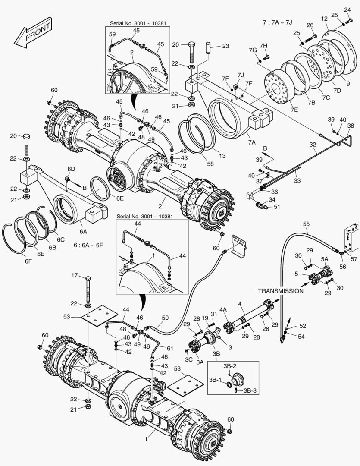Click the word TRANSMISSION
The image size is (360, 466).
coord(281,291)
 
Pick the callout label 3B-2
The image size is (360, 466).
coord(229,366)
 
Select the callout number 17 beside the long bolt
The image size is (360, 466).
coord(74,275)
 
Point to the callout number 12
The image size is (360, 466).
coord(325,19)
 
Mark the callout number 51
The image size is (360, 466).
coord(277,206)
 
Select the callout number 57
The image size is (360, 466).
coord(354,259)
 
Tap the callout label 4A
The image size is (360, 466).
coord(223,309)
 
